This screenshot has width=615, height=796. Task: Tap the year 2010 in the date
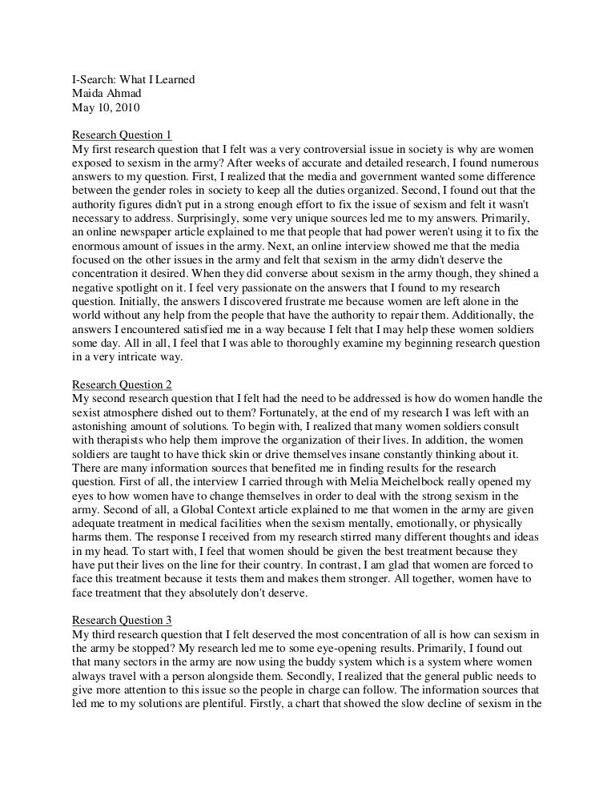[x=125, y=108]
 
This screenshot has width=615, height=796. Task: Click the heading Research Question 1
[x=122, y=135]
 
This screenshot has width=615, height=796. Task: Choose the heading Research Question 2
[x=122, y=384]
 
